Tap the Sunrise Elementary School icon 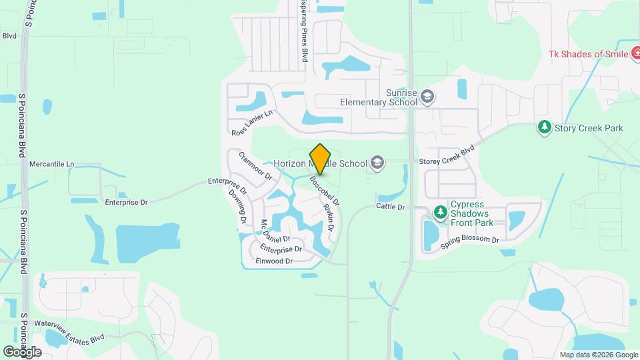[x=427, y=97]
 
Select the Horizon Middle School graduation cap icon [x=377, y=163]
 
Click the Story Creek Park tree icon [x=545, y=127]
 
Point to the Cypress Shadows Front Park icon [x=439, y=213]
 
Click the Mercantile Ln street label [x=51, y=163]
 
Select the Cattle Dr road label [x=390, y=207]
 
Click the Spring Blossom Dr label [x=470, y=243]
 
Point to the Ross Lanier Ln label [x=253, y=123]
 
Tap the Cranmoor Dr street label [x=255, y=165]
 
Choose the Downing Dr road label [x=238, y=205]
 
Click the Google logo [x=22, y=351]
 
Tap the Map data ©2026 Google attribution [x=598, y=355]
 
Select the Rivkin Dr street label [x=329, y=217]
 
